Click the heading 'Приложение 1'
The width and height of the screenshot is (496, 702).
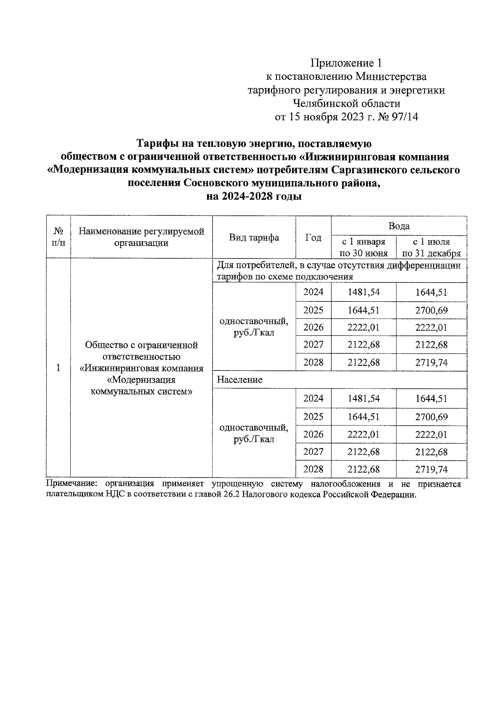coord(346,63)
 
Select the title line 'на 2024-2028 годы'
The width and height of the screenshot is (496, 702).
coord(254,196)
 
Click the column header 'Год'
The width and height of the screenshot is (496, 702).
coord(313,238)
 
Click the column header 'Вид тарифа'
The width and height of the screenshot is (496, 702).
coord(254,237)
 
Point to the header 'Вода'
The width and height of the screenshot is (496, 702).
coord(399,226)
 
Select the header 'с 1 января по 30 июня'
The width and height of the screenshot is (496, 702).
coord(363,247)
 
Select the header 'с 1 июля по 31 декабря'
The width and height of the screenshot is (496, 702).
coord(431,247)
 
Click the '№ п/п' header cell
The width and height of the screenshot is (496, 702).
coord(58,237)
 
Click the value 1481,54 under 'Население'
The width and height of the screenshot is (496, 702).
coord(363,399)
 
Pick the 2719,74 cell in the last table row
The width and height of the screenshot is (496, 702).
coord(431,469)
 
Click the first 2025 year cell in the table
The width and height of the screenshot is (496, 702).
coord(313,310)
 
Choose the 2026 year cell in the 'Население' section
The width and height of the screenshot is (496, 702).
coord(313,434)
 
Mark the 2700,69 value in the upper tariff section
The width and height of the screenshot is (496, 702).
coord(431,310)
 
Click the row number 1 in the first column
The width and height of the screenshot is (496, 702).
coord(58,368)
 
